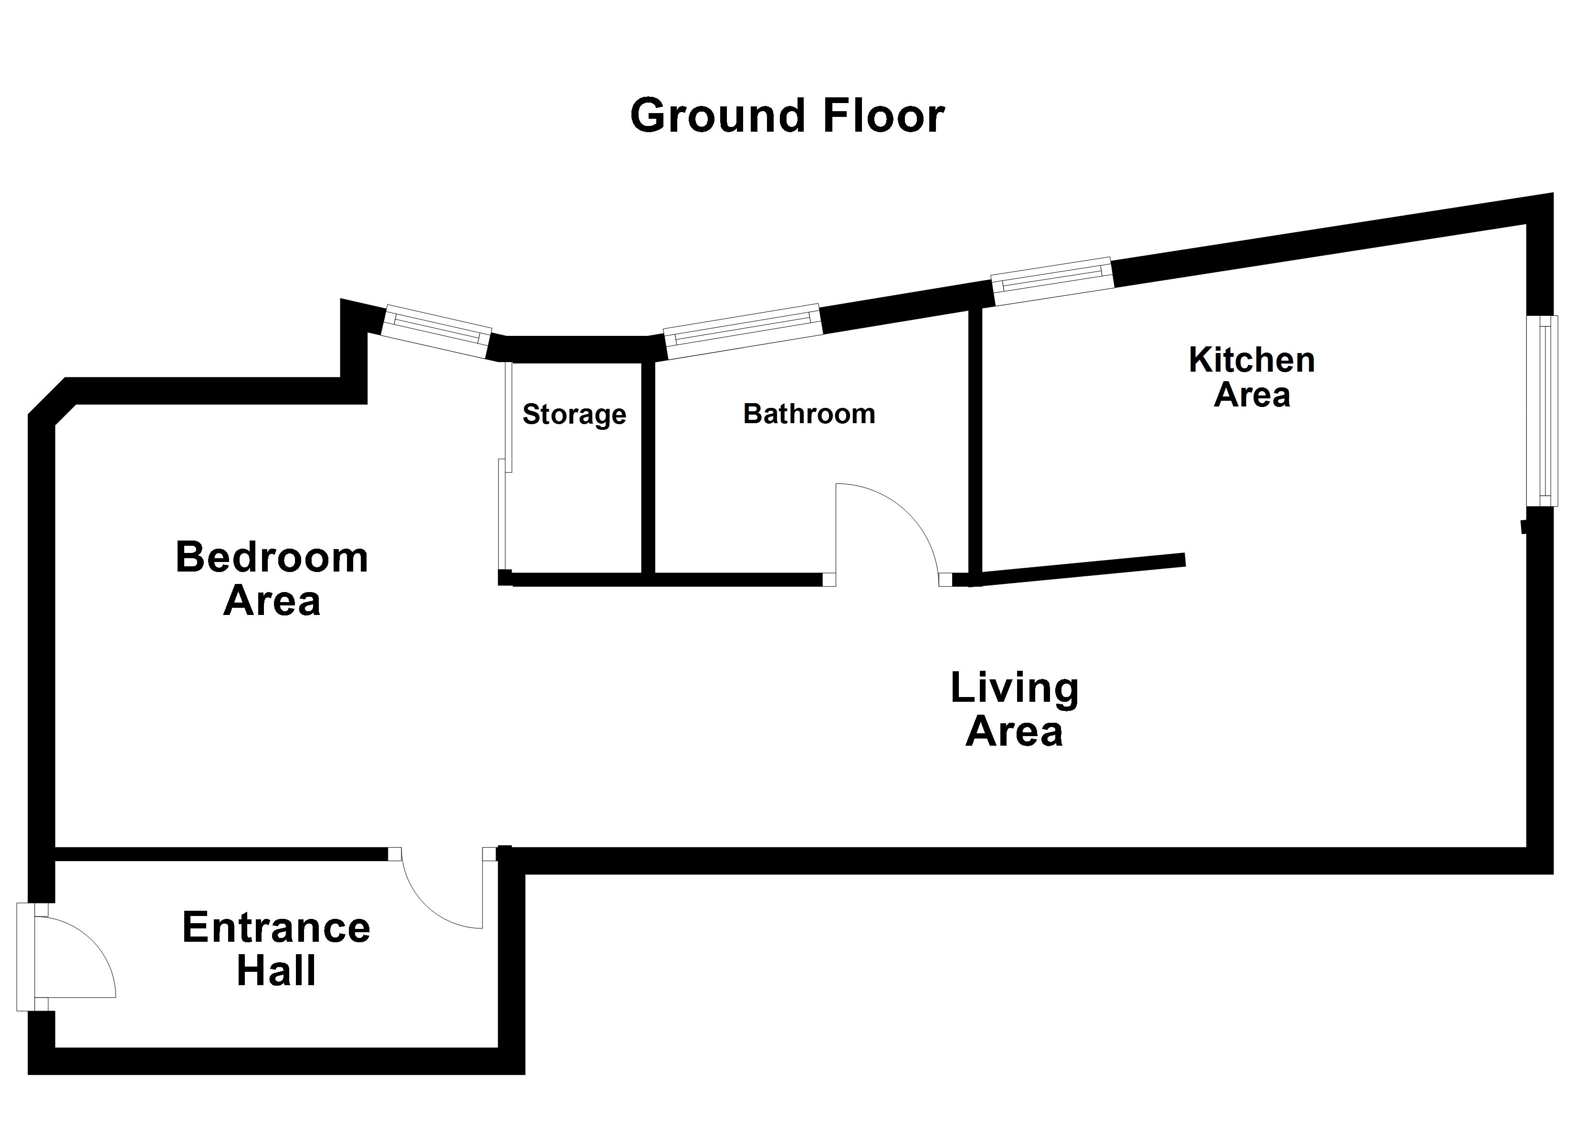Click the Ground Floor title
coord(787,115)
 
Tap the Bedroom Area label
coord(272,578)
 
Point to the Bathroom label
coord(809,414)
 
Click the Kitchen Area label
coord(1251,377)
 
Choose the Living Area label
coord(1015,708)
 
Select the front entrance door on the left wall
coord(66,958)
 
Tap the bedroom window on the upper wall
coord(437,331)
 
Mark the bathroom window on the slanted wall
coord(742,331)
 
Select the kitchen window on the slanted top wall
coord(1052,281)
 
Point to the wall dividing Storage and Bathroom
coord(648,468)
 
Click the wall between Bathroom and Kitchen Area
coord(976,445)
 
